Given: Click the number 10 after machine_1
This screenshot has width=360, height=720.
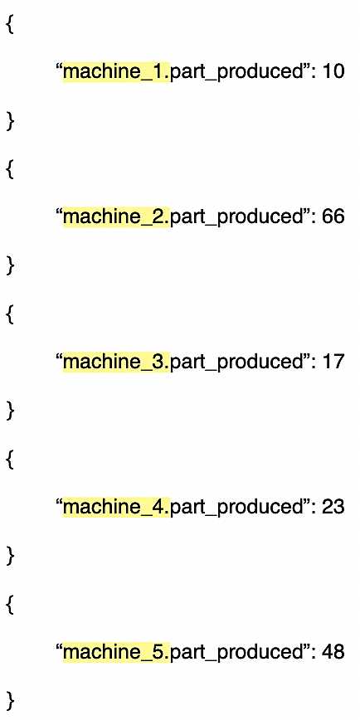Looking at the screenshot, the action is click(333, 71).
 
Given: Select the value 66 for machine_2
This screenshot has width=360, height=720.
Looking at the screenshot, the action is click(333, 216).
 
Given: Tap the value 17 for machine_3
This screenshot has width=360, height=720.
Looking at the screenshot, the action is click(333, 362).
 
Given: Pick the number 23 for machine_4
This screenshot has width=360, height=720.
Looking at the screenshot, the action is click(333, 507).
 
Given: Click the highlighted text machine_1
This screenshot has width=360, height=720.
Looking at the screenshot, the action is click(117, 72).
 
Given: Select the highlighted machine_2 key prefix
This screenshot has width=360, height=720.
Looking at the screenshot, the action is click(117, 216).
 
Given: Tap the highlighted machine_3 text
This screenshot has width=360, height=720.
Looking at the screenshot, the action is click(117, 362).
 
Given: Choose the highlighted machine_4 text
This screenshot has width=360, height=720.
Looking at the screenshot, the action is click(117, 507).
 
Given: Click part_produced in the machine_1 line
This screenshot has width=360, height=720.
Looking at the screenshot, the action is click(236, 73).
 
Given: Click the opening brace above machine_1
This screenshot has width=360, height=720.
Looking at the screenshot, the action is click(10, 24).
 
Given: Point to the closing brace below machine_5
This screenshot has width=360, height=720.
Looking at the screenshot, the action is click(10, 701).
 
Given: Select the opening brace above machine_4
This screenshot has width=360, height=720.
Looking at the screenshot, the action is click(10, 460).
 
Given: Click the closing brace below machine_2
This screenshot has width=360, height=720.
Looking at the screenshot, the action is click(10, 266).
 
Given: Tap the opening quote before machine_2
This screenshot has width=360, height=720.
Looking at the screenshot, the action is click(59, 212).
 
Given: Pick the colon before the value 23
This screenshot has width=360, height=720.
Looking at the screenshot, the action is click(314, 508).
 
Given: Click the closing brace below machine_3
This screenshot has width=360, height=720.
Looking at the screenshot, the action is click(10, 411).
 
